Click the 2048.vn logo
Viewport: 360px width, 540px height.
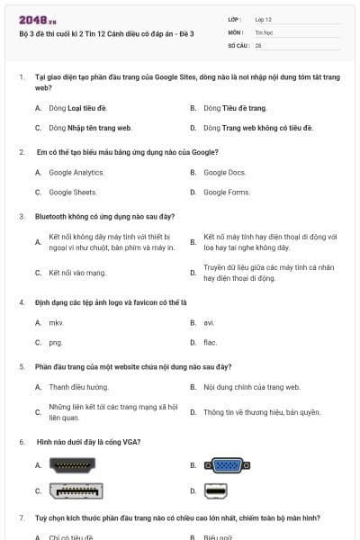(x=38, y=19)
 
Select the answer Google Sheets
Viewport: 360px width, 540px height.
(x=73, y=192)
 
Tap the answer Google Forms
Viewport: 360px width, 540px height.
(x=227, y=192)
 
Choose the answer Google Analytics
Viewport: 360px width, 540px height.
(x=76, y=172)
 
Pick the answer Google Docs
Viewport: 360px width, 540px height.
(x=224, y=172)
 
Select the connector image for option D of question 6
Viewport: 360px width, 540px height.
(x=216, y=490)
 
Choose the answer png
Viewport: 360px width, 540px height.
(x=56, y=342)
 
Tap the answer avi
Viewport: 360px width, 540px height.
(x=209, y=322)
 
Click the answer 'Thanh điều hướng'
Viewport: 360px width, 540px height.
(x=78, y=386)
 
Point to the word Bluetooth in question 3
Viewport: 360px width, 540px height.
(x=51, y=216)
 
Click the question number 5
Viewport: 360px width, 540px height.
(x=22, y=366)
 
